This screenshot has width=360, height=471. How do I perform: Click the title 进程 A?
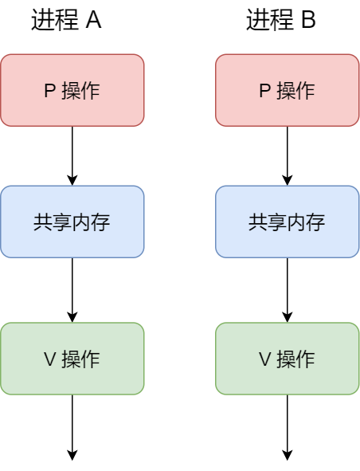(x=66, y=22)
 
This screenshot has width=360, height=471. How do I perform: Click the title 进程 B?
(x=281, y=22)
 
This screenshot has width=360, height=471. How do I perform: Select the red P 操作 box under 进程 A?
(x=72, y=90)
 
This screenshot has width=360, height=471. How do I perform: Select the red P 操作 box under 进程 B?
(x=288, y=90)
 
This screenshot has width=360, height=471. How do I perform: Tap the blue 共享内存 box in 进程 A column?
(x=72, y=222)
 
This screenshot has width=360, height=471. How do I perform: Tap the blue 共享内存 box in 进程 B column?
(x=288, y=222)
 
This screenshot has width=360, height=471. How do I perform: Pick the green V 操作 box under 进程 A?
(x=72, y=359)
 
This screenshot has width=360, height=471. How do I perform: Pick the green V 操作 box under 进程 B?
(x=288, y=359)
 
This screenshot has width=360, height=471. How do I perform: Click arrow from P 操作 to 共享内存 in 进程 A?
(x=72, y=155)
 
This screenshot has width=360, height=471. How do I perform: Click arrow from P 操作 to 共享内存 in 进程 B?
(x=288, y=155)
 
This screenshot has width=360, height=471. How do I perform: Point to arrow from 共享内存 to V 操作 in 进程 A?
(x=72, y=289)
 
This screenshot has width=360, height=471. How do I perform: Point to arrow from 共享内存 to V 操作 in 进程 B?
(x=288, y=289)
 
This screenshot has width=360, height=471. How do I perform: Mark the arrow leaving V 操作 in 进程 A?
(x=72, y=426)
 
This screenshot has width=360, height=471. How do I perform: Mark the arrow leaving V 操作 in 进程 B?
(x=288, y=426)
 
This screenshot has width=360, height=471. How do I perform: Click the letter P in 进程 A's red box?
(x=49, y=91)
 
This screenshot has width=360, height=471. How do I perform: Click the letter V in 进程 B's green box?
(x=264, y=359)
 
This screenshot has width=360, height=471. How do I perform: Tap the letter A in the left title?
(x=92, y=22)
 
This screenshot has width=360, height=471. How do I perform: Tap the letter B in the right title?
(x=307, y=22)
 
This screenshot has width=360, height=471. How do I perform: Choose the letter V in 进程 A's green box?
(x=49, y=359)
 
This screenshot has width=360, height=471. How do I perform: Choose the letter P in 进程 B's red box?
(x=264, y=91)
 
